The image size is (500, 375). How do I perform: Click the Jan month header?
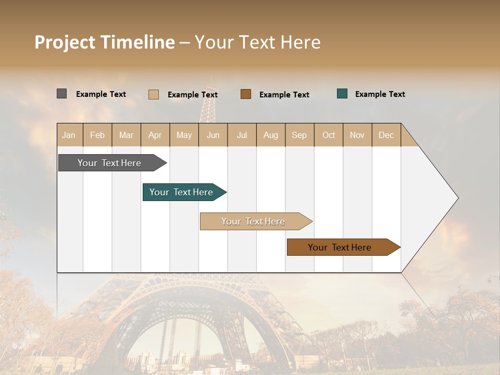(x=69, y=135)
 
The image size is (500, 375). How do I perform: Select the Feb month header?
(x=97, y=135)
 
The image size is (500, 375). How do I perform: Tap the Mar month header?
(x=126, y=135)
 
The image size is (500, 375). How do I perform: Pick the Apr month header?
(x=155, y=135)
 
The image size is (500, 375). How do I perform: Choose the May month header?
(x=184, y=135)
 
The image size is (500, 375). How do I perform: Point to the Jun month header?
(x=213, y=135)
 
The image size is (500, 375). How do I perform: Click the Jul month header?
(x=242, y=135)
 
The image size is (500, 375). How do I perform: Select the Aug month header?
(x=271, y=135)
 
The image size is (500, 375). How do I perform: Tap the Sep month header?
(x=299, y=135)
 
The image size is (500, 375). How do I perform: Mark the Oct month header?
(x=329, y=135)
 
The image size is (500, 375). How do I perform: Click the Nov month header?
(x=357, y=135)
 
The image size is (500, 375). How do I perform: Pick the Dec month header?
(x=386, y=135)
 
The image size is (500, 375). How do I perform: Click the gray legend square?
(x=62, y=94)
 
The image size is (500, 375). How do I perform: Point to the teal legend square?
(x=342, y=94)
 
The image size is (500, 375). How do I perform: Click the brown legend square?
(x=246, y=94)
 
